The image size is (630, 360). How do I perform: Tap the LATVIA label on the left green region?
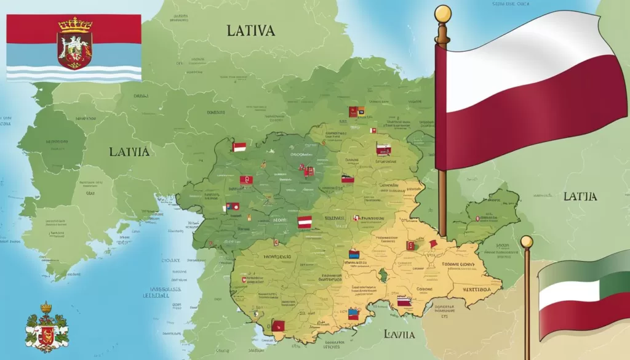point(129,151)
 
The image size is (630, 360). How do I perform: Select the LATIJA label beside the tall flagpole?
point(580,197)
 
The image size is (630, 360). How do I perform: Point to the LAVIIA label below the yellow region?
point(397,334)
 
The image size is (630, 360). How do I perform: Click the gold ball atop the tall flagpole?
point(442,13)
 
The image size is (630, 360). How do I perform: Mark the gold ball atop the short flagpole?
point(526,241)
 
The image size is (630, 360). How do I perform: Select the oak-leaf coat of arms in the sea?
point(46,329)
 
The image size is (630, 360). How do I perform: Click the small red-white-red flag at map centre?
point(305,222)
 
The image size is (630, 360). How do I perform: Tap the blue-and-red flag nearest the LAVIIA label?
point(354,313)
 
